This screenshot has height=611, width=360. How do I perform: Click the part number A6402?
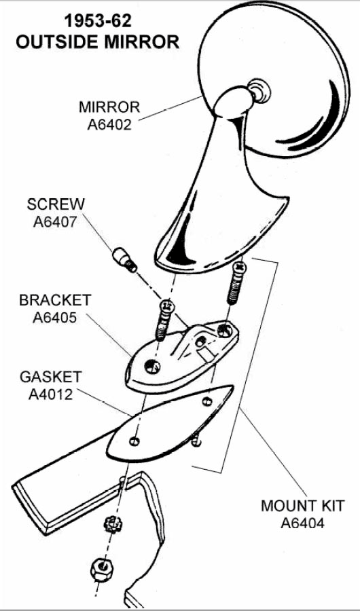[x=109, y=124]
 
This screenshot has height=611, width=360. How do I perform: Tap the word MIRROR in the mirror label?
[x=109, y=107]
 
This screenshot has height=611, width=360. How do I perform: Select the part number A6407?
[x=56, y=221]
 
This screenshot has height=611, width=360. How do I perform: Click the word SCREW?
[x=56, y=204]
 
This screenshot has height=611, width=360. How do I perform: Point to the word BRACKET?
[x=55, y=301]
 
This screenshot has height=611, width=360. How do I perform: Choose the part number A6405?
[x=55, y=318]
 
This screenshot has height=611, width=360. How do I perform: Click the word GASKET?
[x=51, y=377]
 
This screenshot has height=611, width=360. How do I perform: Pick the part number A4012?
[x=51, y=394]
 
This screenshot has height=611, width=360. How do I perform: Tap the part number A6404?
[x=303, y=523]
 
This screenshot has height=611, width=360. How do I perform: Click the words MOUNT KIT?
[x=303, y=506]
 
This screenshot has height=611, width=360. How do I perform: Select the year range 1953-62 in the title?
[x=98, y=22]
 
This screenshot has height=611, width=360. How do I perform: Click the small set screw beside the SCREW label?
[x=124, y=260]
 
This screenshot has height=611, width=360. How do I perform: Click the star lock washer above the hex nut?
[x=113, y=525]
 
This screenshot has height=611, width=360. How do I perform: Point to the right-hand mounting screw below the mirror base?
[x=236, y=283]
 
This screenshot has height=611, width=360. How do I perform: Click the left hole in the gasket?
[x=134, y=441]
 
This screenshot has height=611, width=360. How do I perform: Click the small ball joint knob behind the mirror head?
[x=259, y=91]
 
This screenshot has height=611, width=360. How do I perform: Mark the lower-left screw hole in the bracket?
[x=152, y=367]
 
